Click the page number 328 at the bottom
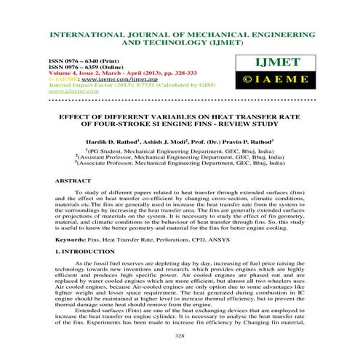[180, 336]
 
